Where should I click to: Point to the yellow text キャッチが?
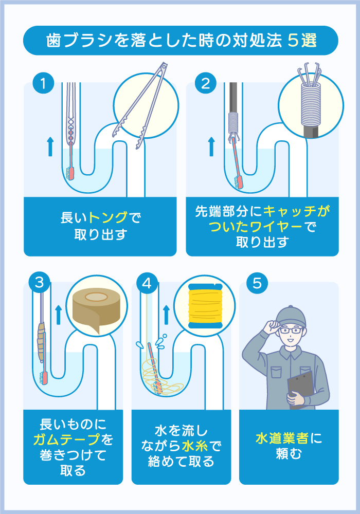(296, 211)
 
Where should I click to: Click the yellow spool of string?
(204, 305)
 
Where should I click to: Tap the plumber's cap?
(291, 316)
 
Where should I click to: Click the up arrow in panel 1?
(50, 146)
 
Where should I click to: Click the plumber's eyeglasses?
(292, 330)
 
